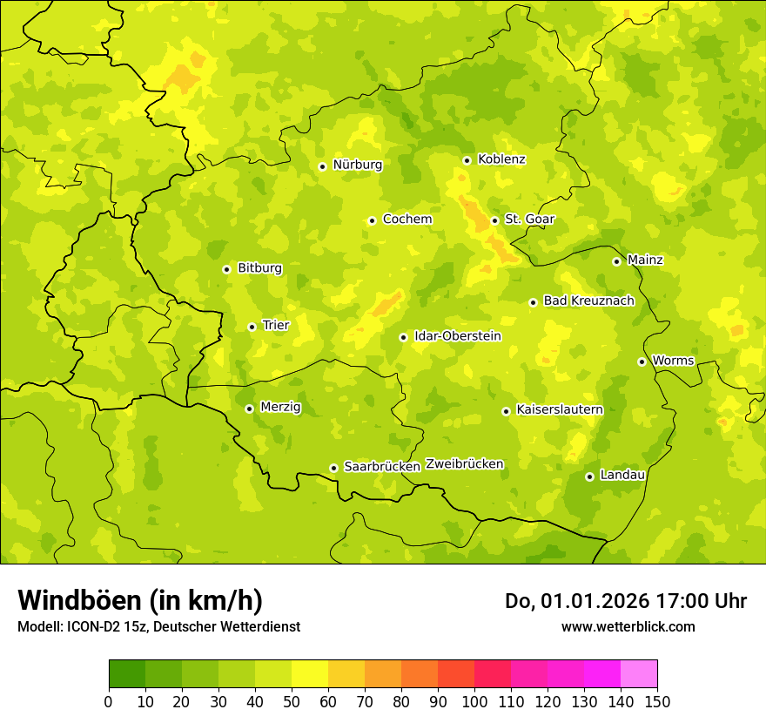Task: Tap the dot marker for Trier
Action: tap(252, 327)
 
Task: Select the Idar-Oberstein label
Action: tap(458, 336)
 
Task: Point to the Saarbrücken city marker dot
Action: tap(333, 468)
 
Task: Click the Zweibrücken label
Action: tap(465, 464)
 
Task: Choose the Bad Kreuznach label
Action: tap(588, 301)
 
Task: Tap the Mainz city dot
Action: tap(616, 261)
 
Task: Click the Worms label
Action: tap(673, 361)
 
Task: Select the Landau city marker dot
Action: tap(589, 476)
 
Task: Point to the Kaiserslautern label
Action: tap(560, 409)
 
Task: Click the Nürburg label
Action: tap(358, 165)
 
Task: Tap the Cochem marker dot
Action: tap(372, 220)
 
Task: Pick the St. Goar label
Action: tap(529, 220)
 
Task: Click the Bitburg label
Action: tap(259, 268)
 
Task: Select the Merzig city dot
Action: tap(249, 409)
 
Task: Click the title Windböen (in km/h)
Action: tap(140, 601)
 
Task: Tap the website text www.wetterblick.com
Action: tap(628, 627)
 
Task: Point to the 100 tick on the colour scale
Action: tap(474, 701)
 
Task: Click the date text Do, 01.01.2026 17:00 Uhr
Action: tap(626, 601)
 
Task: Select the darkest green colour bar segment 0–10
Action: tap(127, 674)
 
